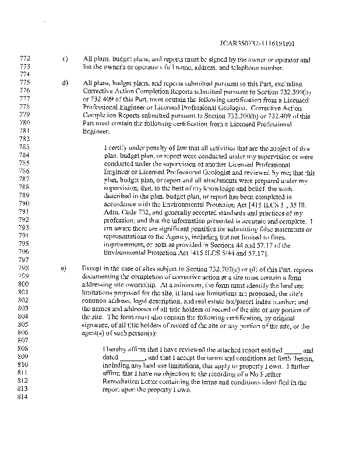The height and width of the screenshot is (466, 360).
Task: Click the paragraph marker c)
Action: click(65, 59)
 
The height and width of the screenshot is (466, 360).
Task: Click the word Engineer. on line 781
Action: click(97, 132)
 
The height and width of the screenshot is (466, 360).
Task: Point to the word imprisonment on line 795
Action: click(123, 245)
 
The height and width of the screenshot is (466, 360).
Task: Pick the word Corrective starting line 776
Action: click(98, 91)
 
